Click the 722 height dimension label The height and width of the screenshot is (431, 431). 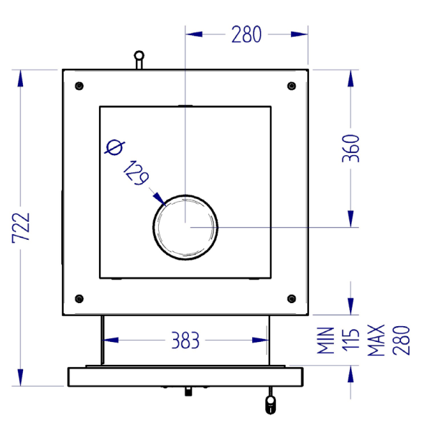[21, 228]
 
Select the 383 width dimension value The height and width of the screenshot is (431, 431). [185, 340]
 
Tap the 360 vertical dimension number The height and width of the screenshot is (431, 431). [351, 149]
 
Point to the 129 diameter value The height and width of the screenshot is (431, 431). [136, 173]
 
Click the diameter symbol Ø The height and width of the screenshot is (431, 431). [115, 147]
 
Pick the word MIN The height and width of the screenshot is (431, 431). [325, 340]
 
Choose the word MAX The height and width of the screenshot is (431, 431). [376, 340]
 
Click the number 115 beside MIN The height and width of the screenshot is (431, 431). [351, 340]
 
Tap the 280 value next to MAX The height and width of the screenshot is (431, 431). [402, 340]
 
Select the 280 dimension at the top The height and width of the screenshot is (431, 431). [246, 34]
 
